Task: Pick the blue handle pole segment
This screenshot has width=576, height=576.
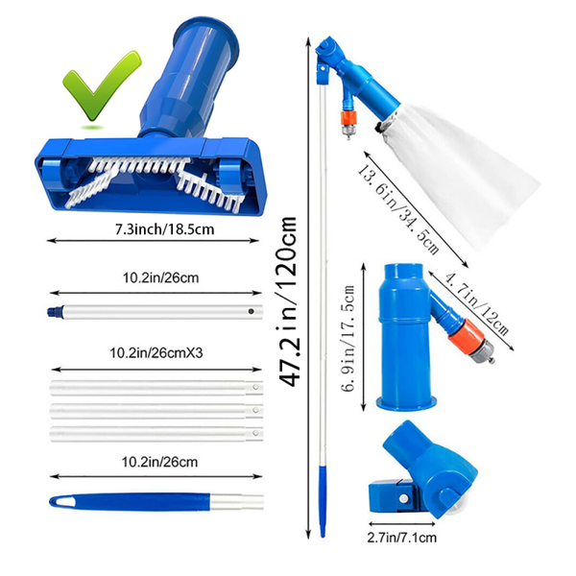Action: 144,502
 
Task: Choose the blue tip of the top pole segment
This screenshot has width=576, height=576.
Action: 54,312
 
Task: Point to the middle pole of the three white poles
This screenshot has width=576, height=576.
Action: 154,409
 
